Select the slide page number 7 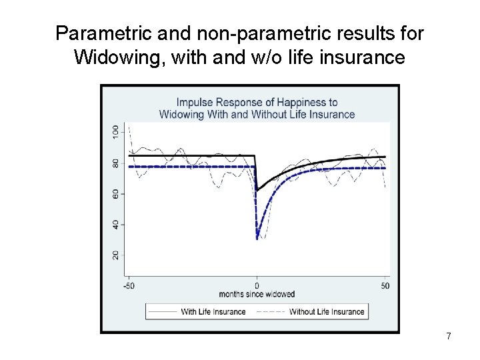click(x=448, y=337)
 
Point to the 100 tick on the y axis click(x=116, y=131)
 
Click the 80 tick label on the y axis click(x=116, y=162)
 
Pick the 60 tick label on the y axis click(x=116, y=193)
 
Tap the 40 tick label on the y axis click(x=116, y=225)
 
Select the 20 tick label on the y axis click(x=116, y=256)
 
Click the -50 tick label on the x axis click(x=129, y=286)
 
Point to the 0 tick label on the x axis click(x=257, y=286)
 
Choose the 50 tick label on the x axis click(x=385, y=286)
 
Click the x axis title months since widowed click(x=257, y=295)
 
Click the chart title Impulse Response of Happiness click(x=257, y=102)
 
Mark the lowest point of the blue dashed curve click(x=257, y=239)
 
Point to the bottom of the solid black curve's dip click(x=258, y=189)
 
